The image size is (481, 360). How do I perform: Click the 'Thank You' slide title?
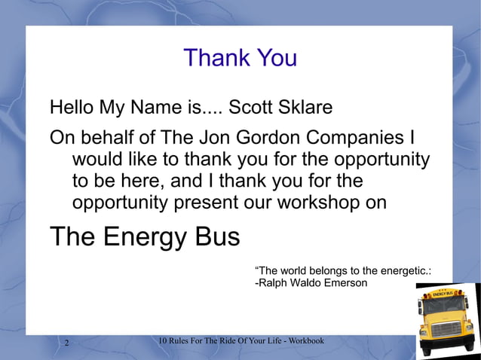pyautogui.click(x=240, y=58)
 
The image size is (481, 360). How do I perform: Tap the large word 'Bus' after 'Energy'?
pyautogui.click(x=216, y=237)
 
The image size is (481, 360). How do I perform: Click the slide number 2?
pyautogui.click(x=66, y=344)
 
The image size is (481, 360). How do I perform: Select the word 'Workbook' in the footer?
pyautogui.click(x=305, y=342)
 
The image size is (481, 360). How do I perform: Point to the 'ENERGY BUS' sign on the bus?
pyautogui.click(x=443, y=292)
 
